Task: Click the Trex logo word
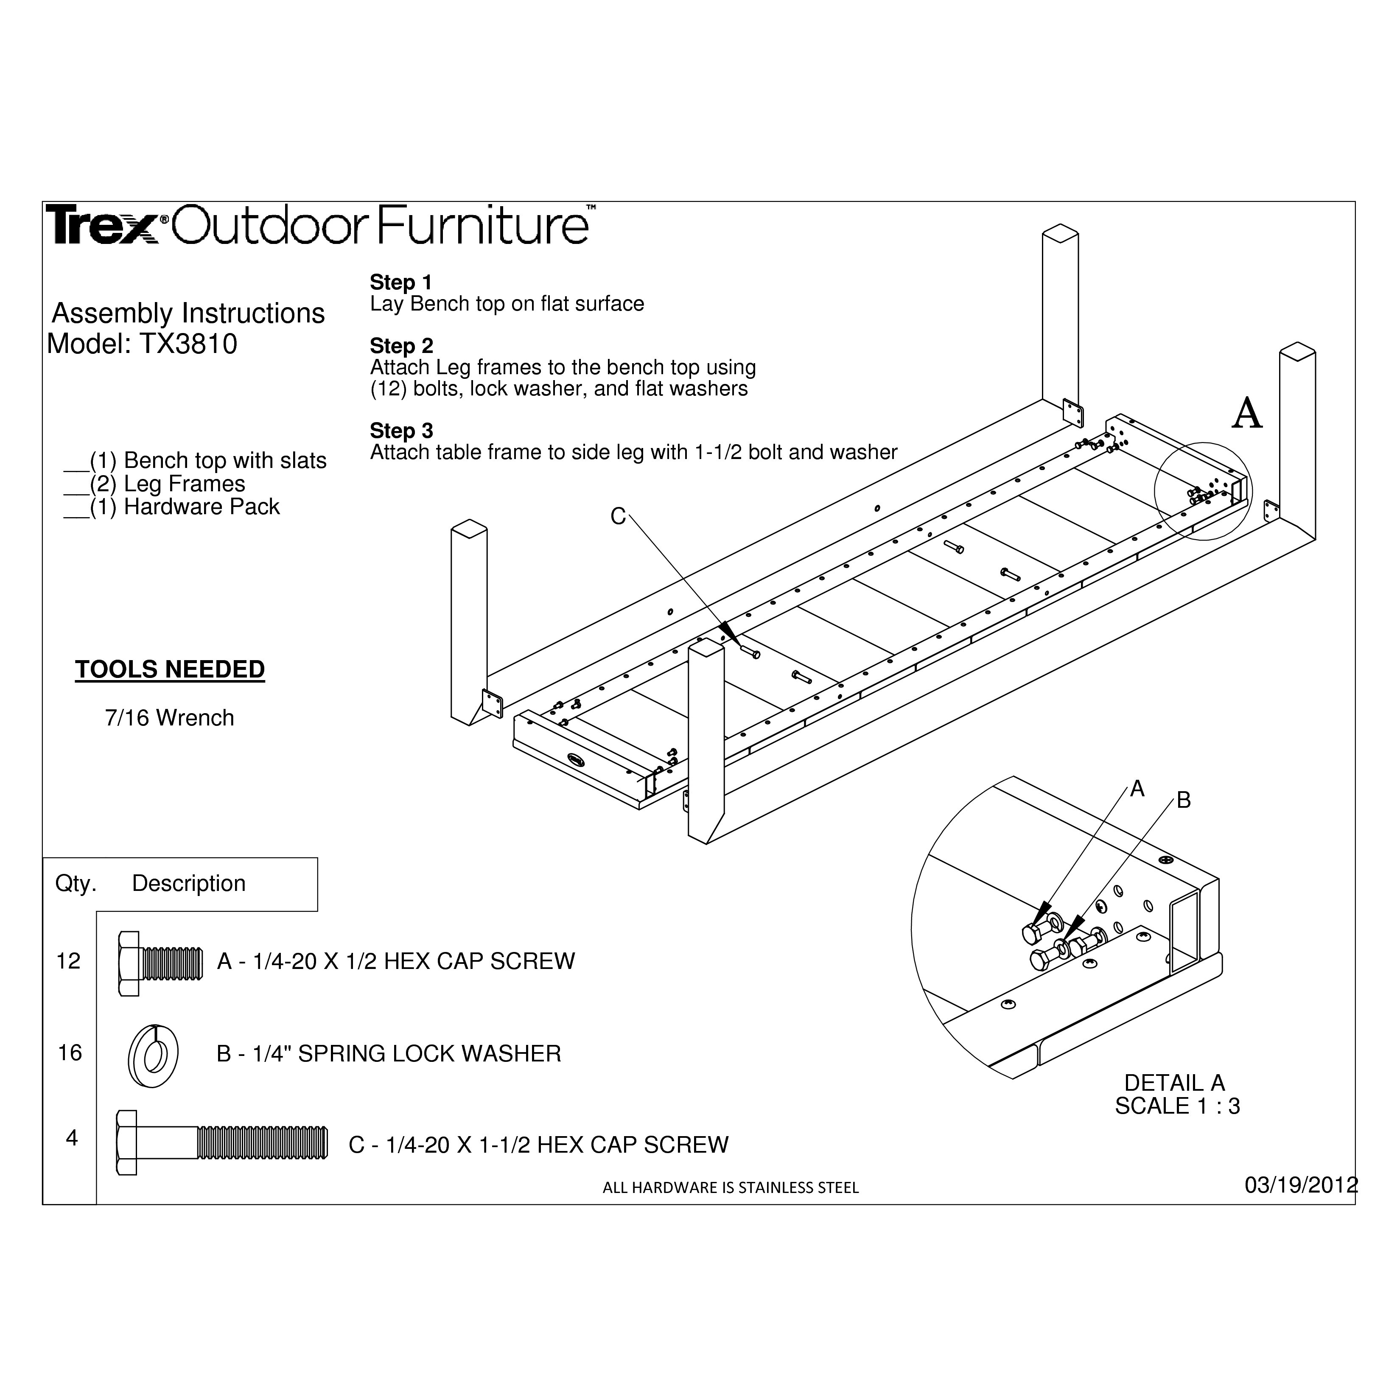tap(103, 225)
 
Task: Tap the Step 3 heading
tap(401, 431)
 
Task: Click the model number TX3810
tap(188, 344)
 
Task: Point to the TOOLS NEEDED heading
tap(170, 669)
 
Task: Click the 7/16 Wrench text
tap(170, 718)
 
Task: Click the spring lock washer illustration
tap(153, 1056)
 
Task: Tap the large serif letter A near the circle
tap(1247, 414)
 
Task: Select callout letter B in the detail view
tap(1183, 801)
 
